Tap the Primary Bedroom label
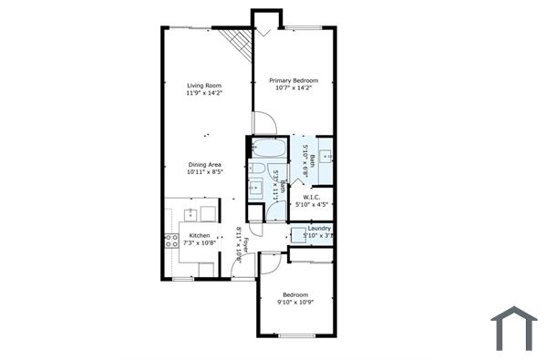(x=293, y=80)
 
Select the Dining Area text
(x=205, y=164)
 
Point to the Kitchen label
(x=199, y=235)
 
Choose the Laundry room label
(x=319, y=228)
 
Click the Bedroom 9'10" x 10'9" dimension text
(x=294, y=303)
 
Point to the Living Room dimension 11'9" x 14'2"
(x=205, y=92)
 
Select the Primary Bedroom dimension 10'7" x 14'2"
(x=293, y=88)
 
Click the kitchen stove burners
(x=170, y=241)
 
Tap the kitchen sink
(x=190, y=214)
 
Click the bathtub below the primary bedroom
(x=269, y=149)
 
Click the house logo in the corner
(x=513, y=328)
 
